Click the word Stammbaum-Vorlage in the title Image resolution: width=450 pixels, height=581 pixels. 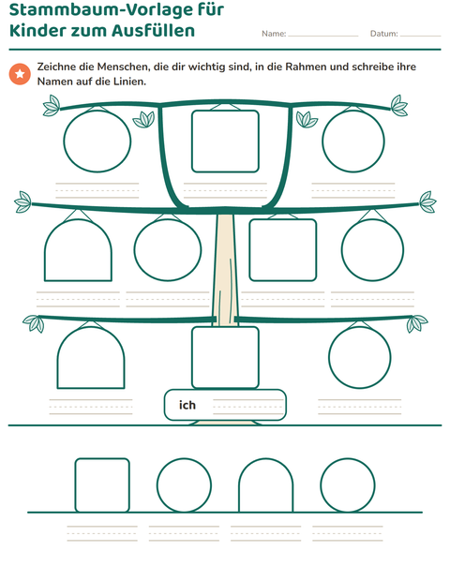[x=116, y=10]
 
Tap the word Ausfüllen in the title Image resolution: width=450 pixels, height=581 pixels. [x=153, y=30]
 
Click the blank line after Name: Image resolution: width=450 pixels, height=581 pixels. [x=323, y=36]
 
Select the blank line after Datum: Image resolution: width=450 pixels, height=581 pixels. [x=420, y=36]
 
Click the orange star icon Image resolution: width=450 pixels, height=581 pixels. [x=20, y=74]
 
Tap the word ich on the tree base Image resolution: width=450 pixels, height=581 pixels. [x=187, y=405]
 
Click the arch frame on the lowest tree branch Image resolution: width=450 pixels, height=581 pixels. [x=57, y=364]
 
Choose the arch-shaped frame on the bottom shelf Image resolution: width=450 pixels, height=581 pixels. [x=239, y=489]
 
